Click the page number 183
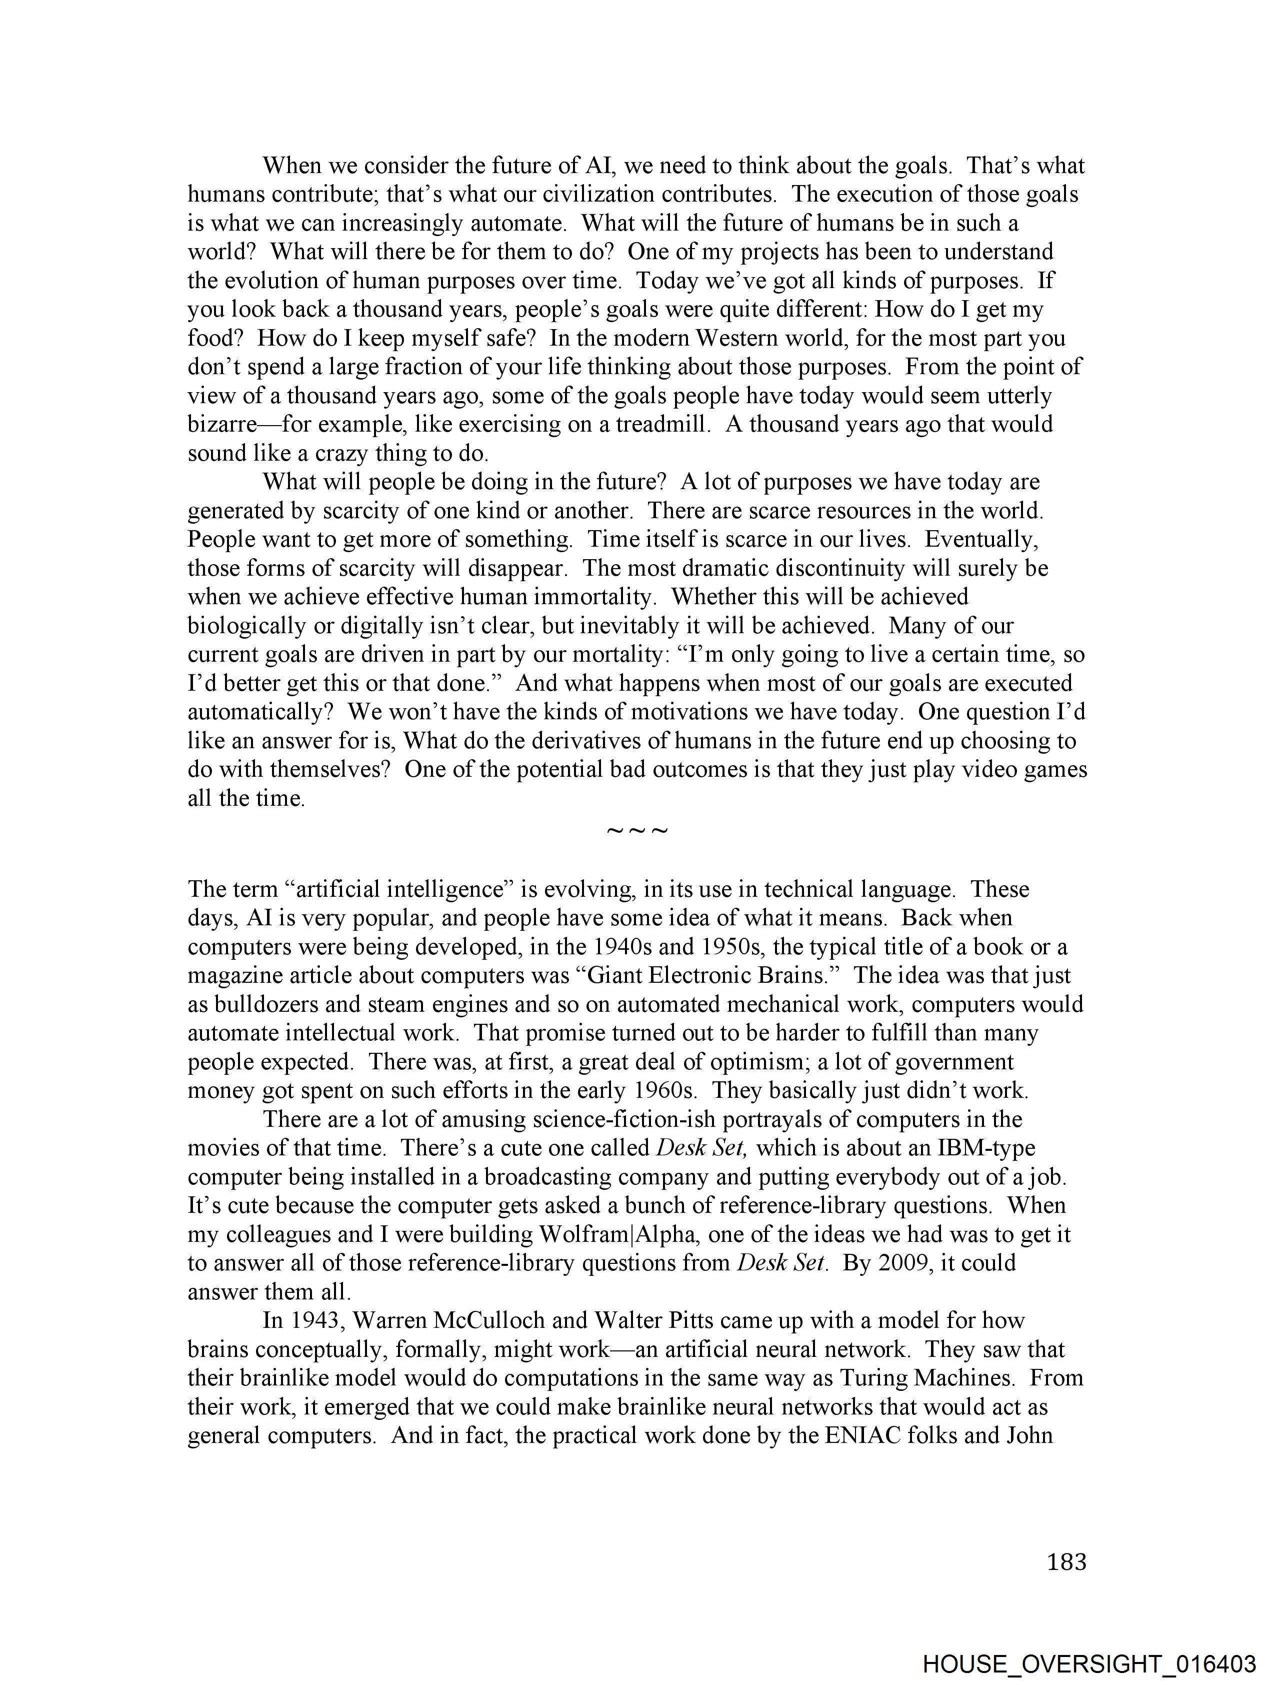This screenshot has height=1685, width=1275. coord(1066,1561)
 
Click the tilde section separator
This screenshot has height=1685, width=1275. coord(636,830)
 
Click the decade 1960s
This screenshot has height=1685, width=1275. coord(665,1091)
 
